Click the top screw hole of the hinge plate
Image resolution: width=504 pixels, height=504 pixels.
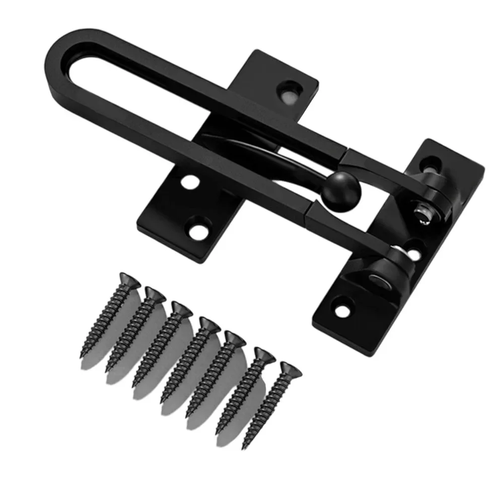pos(428,164)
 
